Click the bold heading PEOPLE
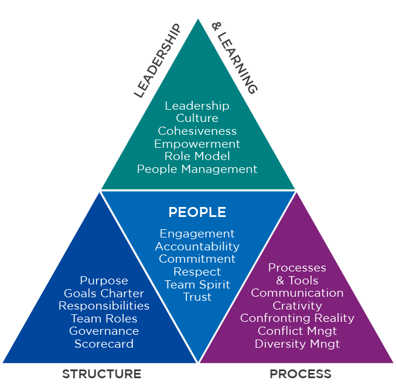[x=197, y=212]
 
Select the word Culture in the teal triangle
[x=197, y=118]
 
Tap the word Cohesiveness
[x=197, y=131]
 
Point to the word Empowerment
[x=197, y=144]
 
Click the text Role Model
[x=197, y=156]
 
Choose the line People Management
[x=197, y=169]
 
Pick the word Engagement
[x=197, y=233]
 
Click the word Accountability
[x=197, y=246]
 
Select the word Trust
[x=197, y=297]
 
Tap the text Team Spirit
[x=197, y=284]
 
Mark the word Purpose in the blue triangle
[x=104, y=280]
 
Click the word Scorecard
[x=104, y=344]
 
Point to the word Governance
[x=104, y=331]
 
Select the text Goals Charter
[x=104, y=293]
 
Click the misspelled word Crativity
[x=297, y=305]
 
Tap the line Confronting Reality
[x=297, y=318]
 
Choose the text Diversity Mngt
[x=297, y=344]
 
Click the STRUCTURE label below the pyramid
[x=102, y=374]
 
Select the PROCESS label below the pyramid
[x=301, y=374]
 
